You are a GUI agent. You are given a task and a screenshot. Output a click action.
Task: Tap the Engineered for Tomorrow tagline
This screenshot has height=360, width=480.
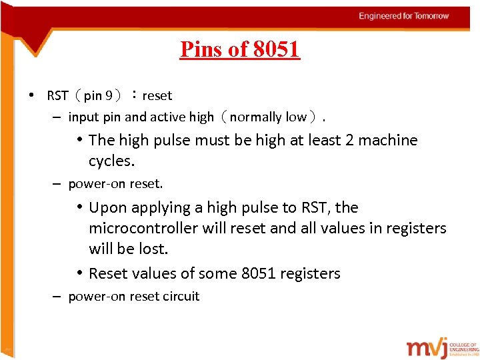pos(404,16)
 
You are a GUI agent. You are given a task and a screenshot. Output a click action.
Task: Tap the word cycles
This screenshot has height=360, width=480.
pos(111,161)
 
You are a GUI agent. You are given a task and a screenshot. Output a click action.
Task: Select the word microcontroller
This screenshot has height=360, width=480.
pos(143,228)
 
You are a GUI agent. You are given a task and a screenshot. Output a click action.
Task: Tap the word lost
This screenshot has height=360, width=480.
pos(155,249)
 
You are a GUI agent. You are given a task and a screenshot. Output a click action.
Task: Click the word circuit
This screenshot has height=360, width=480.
pos(179,297)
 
